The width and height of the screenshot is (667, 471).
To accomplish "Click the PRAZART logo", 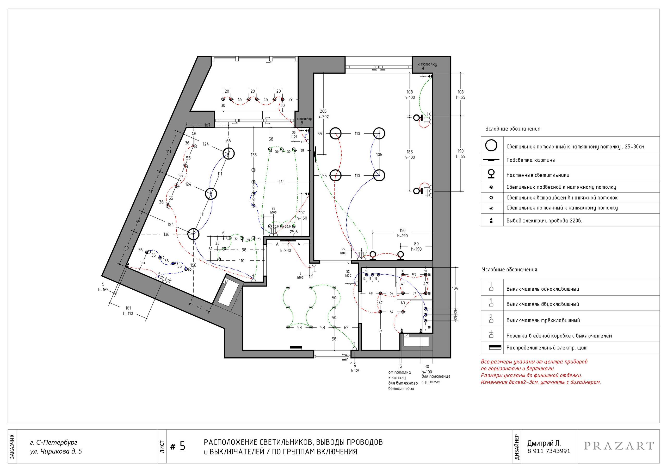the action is [619, 446].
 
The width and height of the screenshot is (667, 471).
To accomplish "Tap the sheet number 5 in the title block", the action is [182, 446].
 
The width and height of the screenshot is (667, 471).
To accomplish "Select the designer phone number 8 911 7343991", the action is [549, 451].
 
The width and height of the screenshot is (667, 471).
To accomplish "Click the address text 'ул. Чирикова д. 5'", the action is [56, 451].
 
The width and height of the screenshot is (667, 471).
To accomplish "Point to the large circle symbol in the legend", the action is [491, 145].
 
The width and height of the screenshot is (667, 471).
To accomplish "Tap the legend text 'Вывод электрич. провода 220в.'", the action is [544, 221].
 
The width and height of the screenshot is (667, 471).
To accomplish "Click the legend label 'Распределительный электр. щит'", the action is [547, 348].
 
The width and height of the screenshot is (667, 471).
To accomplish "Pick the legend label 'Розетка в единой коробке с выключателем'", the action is [559, 336].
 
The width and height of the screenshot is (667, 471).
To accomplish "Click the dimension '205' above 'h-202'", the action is [323, 111].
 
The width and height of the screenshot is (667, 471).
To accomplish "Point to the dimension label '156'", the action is [193, 265].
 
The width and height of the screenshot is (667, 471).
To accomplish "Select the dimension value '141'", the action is [281, 182].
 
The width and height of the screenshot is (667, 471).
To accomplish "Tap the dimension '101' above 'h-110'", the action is [128, 308].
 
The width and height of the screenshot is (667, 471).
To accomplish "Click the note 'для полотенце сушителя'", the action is [436, 379].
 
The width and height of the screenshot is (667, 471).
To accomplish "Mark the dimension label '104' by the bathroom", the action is [455, 288].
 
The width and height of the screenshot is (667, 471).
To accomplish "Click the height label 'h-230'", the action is [285, 250].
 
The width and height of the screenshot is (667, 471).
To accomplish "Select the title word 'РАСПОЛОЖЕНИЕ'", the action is [231, 442].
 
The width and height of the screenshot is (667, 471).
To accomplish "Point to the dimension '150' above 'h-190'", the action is [402, 230].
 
